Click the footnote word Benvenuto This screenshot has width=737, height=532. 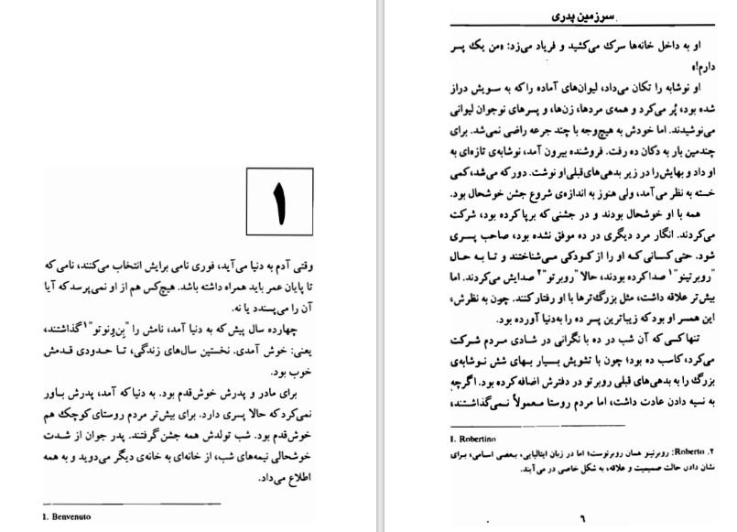click(75, 516)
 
